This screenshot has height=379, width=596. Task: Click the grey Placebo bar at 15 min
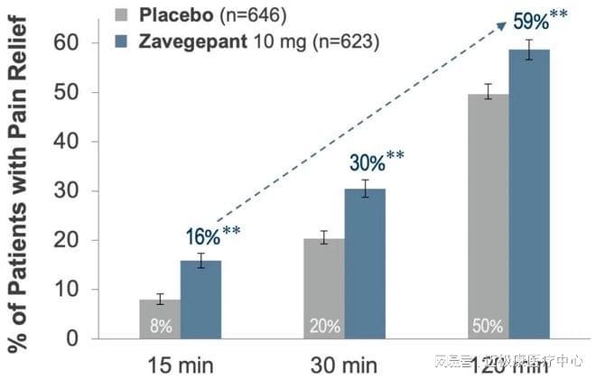(x=160, y=319)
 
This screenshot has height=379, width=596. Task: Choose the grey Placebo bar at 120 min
(x=489, y=217)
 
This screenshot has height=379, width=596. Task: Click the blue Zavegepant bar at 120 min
(x=529, y=194)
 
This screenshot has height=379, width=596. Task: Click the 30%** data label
(x=377, y=162)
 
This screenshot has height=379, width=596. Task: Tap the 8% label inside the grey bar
(x=160, y=325)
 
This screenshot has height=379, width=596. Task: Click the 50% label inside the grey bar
(x=488, y=325)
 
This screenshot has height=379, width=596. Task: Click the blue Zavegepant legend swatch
(x=124, y=42)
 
